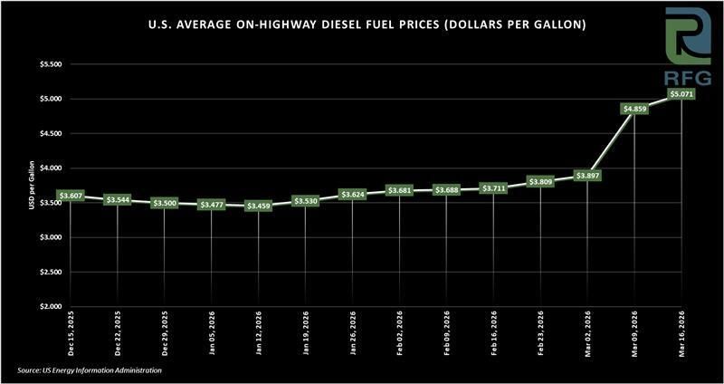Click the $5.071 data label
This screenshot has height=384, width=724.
click(681, 92)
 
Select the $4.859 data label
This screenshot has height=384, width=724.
click(634, 109)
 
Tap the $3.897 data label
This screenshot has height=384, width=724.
click(587, 175)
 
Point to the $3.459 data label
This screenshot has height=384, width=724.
click(259, 206)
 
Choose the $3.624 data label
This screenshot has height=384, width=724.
click(353, 195)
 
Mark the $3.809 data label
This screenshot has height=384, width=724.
click(540, 181)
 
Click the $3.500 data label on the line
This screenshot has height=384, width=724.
click(165, 204)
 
